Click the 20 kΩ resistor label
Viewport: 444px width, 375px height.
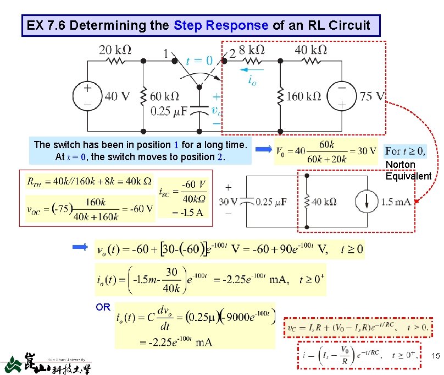point(115,50)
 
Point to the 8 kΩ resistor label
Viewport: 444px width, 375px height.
point(252,50)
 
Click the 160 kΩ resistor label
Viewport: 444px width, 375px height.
point(303,96)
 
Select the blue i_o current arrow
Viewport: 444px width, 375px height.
point(251,70)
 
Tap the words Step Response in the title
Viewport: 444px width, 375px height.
point(221,25)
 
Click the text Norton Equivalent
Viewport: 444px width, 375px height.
point(408,171)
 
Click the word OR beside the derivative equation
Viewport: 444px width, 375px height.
point(103,307)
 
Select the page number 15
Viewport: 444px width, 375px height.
point(435,357)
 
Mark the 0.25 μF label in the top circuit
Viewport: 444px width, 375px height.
point(169,111)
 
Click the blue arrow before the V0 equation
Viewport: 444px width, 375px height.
point(264,149)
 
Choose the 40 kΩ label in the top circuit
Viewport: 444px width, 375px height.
point(311,50)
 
